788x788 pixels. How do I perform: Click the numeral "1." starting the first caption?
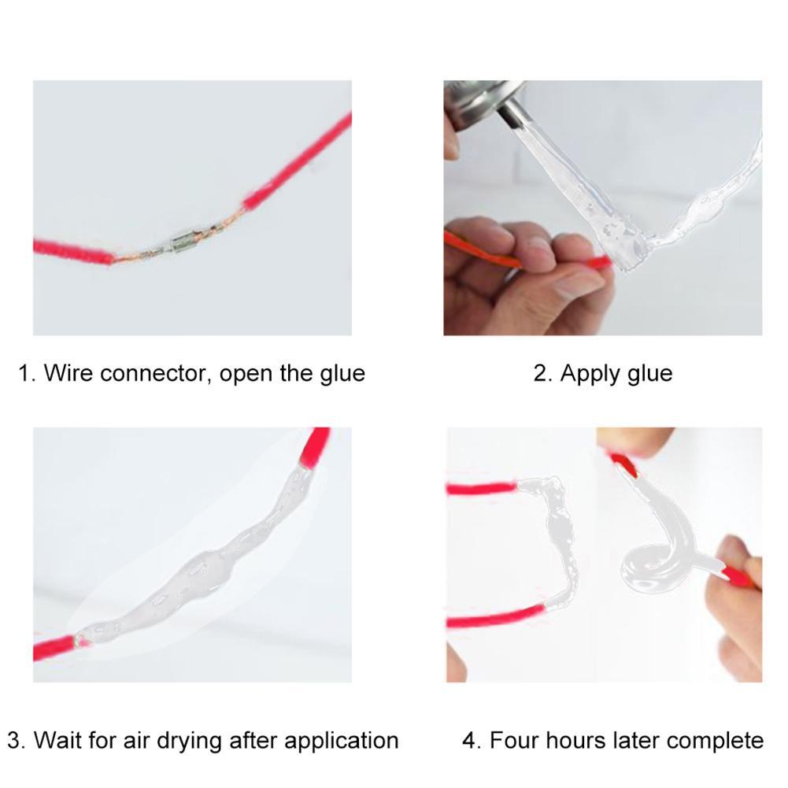click(x=28, y=372)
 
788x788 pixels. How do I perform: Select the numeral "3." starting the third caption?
click(x=17, y=741)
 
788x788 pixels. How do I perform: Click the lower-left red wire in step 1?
click(x=71, y=251)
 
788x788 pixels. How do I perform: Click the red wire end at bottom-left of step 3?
click(x=52, y=649)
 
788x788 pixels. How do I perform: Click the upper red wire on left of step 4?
click(x=480, y=488)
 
